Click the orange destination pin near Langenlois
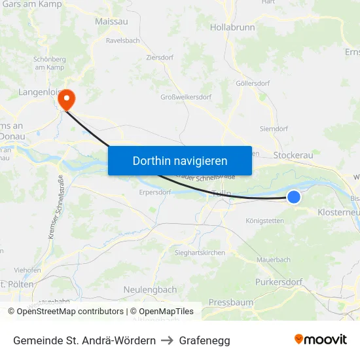click(67, 99)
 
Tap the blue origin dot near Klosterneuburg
click(294, 196)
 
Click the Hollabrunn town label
click(232, 27)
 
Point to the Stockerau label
click(294, 156)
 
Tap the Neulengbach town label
click(150, 289)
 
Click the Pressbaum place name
click(230, 303)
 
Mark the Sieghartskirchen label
click(200, 252)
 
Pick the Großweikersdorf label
click(186, 98)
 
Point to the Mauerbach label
click(274, 260)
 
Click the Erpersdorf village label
click(155, 192)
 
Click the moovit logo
click(320, 340)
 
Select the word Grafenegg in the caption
click(204, 340)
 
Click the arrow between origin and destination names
click(167, 340)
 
